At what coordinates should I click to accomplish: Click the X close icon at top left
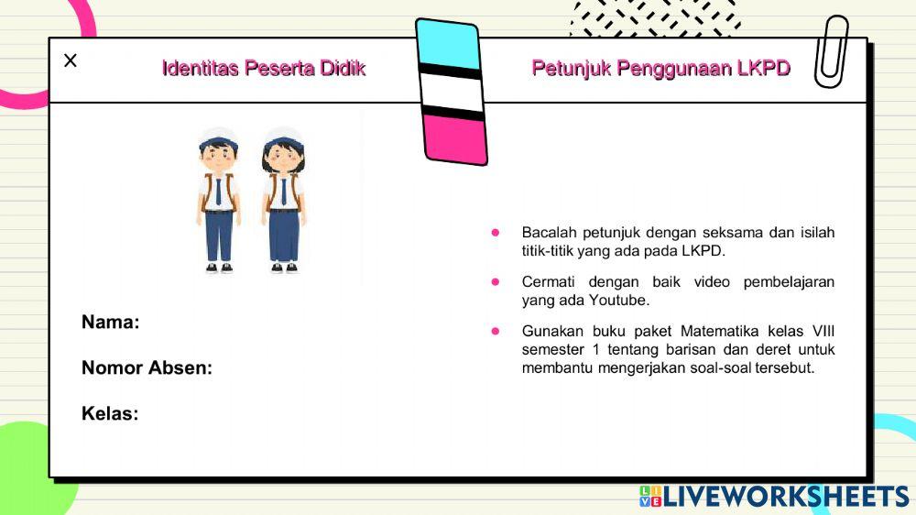[x=71, y=60]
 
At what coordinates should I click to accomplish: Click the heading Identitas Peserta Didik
[x=264, y=69]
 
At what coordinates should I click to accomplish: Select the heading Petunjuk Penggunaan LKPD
[x=660, y=69]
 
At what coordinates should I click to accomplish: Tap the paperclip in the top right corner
[x=832, y=52]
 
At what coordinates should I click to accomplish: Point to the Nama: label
[x=110, y=322]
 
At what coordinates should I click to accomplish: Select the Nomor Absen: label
[x=147, y=367]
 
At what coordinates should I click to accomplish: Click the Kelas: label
[x=110, y=413]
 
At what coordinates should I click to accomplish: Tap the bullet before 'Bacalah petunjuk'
[x=496, y=233]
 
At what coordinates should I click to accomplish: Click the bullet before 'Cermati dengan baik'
[x=496, y=282]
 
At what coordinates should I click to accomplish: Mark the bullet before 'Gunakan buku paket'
[x=496, y=331]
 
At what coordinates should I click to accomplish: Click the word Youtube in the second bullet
[x=618, y=300]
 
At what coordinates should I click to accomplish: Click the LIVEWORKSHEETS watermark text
[x=785, y=497]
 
